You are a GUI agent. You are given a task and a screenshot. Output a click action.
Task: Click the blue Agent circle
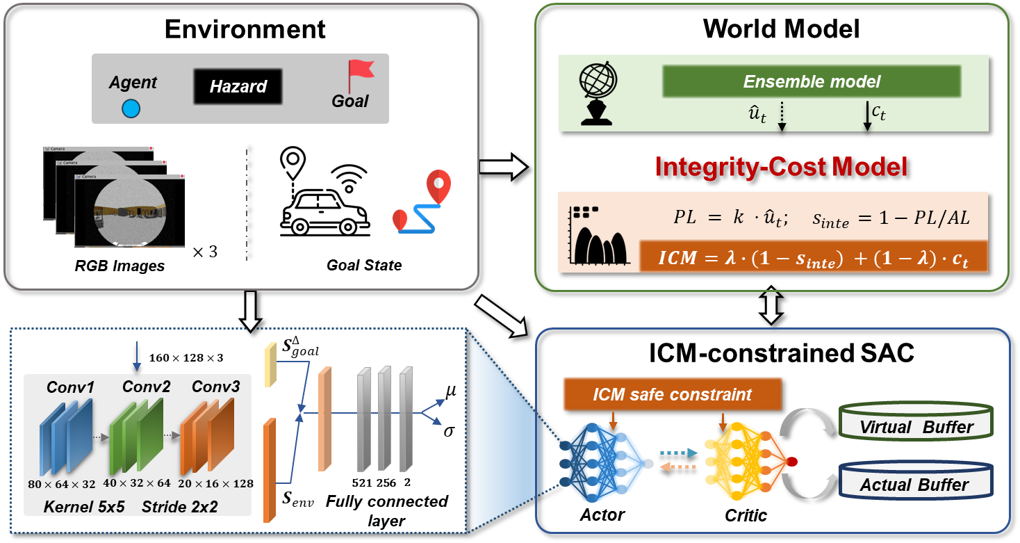[131, 108]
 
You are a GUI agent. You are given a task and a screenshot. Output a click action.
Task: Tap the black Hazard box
[238, 87]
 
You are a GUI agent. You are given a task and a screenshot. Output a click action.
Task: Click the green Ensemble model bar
[812, 82]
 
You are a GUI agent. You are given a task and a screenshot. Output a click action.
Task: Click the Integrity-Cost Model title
[782, 167]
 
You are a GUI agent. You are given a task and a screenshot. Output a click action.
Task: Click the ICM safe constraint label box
[673, 395]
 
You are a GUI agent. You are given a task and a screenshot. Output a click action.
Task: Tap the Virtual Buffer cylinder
[916, 423]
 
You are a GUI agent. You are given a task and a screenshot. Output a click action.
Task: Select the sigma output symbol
[450, 431]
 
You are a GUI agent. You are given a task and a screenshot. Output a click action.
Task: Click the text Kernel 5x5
[84, 507]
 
